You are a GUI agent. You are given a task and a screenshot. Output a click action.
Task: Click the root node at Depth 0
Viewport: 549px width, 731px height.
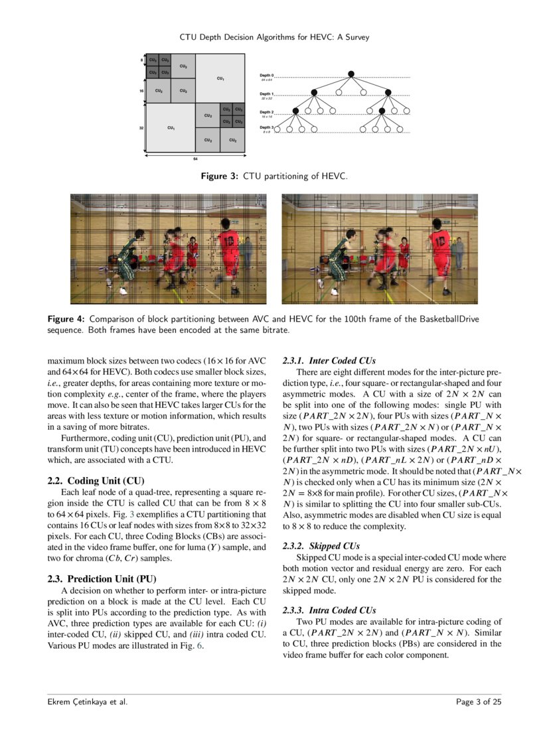tap(352, 74)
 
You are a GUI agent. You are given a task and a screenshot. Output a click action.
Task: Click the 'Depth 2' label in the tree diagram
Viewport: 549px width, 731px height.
tap(268, 111)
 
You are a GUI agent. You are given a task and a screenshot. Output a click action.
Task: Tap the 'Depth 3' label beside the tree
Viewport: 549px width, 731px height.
tap(268, 127)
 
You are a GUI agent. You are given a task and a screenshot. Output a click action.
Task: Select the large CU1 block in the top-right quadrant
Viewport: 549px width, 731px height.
tap(220, 78)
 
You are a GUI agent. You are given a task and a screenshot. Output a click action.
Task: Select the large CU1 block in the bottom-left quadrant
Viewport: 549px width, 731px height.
tap(171, 127)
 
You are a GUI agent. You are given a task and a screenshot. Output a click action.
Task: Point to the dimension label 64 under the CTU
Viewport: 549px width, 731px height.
tap(195, 159)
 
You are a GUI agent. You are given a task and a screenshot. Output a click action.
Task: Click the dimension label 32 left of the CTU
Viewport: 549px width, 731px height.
tap(141, 127)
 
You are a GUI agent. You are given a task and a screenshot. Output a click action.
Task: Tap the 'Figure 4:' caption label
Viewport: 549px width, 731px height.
tap(66, 319)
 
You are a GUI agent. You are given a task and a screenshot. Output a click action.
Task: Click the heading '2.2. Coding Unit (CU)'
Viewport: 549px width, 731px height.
tap(96, 480)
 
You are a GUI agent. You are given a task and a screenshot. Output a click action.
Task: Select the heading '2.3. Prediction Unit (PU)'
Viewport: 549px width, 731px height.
tap(102, 578)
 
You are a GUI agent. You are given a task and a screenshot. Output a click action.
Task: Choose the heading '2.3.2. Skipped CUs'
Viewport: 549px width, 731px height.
tap(321, 546)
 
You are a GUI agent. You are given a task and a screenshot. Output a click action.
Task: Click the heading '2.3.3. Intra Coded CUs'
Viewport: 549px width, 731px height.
tap(329, 610)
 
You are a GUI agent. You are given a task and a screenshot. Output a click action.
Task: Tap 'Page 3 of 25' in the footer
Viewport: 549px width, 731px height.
tap(479, 702)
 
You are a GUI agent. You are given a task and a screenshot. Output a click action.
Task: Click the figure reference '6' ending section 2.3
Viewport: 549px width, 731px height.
tap(200, 647)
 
